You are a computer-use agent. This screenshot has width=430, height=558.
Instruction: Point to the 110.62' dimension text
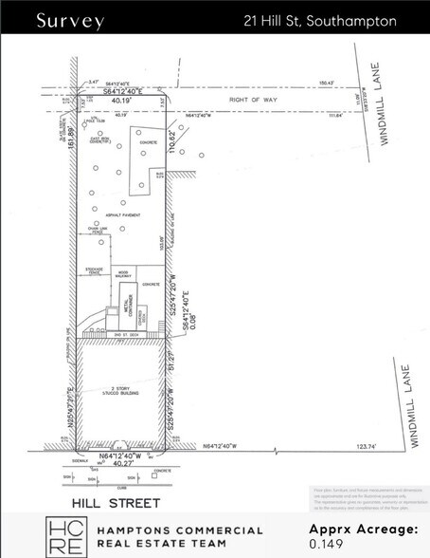[x=172, y=144]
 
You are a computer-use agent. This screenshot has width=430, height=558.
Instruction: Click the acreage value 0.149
[x=324, y=546]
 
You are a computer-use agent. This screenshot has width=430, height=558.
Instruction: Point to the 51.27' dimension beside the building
[x=172, y=361]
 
